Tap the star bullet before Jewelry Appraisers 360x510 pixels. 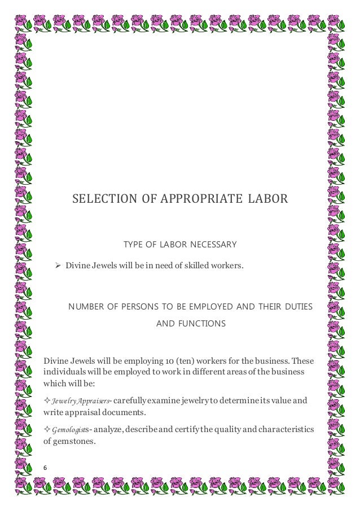[x=47, y=401]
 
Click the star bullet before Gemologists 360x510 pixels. [x=47, y=430]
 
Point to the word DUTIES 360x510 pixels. [x=297, y=306]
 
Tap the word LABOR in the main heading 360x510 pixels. [x=268, y=199]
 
